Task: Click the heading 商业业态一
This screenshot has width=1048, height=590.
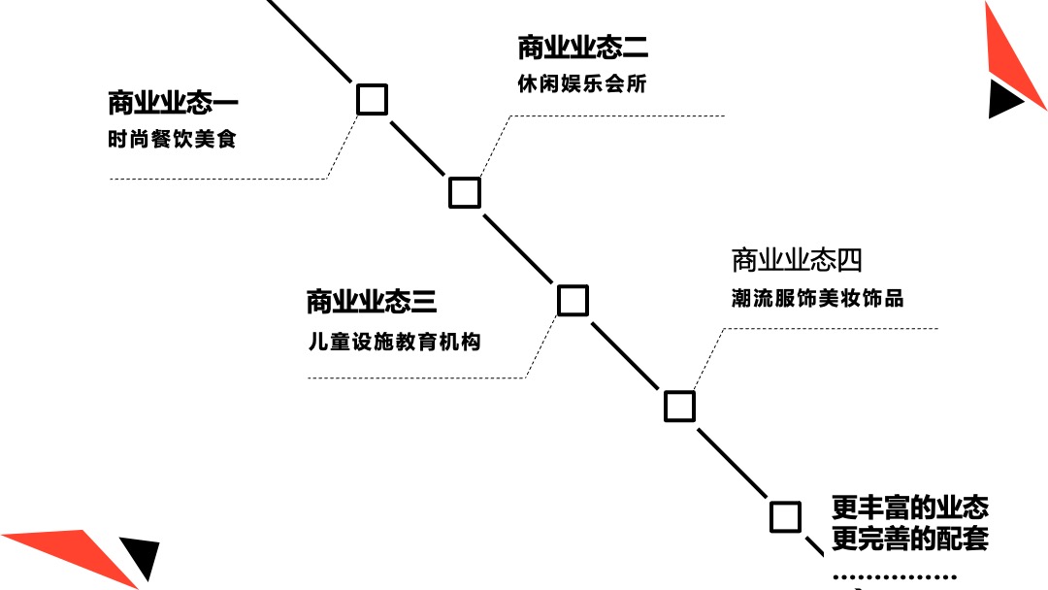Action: pos(173,103)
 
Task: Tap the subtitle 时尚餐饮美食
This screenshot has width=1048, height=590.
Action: pos(172,140)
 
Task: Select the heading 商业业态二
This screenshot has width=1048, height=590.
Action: pos(582,48)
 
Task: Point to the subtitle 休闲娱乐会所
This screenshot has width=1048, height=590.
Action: pos(581,84)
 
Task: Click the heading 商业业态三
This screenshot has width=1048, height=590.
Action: pos(371,302)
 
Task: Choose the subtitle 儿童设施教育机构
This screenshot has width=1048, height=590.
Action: pos(393,343)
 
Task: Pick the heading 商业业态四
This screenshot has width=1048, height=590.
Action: pos(797,260)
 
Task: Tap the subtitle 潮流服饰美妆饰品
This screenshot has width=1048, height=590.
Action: pos(817,299)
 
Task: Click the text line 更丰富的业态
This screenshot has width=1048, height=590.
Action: pos(909,508)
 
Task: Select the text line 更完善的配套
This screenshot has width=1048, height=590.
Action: pos(909,539)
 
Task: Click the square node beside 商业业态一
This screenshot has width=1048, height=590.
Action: pos(372,99)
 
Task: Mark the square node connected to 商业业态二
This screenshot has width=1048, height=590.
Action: pos(465,192)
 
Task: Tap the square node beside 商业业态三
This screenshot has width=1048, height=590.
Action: pos(573,300)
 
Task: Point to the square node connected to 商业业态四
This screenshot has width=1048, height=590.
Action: pos(679,406)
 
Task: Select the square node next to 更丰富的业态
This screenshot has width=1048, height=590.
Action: pos(785,516)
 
